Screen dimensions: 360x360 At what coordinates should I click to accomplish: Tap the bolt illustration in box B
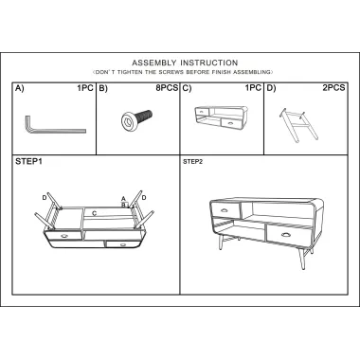pos(136,118)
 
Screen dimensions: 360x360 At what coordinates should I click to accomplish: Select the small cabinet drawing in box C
pos(221,117)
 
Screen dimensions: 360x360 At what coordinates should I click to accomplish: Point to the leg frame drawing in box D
pos(298,125)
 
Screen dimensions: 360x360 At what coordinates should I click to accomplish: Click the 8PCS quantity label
pos(167,88)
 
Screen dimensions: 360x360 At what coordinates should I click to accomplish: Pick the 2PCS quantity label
pos(333,88)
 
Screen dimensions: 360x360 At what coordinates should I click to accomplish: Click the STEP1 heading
pos(28,162)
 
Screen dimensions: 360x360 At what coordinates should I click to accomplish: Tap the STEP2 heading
pos(192,162)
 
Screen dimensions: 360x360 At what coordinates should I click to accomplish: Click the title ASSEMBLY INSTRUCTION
pos(185,63)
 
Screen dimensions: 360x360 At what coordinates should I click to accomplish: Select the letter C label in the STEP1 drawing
pos(94,214)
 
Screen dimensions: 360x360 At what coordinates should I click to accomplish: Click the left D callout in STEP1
pos(45,198)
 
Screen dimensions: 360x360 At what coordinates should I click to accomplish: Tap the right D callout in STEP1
pos(144,198)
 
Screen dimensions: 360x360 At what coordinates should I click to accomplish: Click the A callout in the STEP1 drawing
pos(124,199)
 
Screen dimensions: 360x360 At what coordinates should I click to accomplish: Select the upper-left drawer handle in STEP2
pos(225,210)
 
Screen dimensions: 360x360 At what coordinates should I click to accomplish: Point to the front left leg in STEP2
pos(220,242)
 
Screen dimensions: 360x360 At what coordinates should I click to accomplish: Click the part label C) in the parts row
pos(188,88)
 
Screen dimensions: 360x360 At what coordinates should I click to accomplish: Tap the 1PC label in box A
pos(85,88)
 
